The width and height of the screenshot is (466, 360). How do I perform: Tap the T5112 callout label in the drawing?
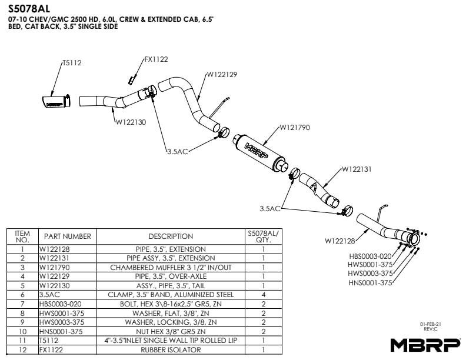pos(72,63)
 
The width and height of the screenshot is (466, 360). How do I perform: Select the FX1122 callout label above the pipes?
pos(156,59)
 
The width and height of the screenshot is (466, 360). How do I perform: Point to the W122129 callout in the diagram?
pos(221,75)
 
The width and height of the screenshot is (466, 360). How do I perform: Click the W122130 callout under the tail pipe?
pos(130,122)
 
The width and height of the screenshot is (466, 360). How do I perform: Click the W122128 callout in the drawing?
pos(339,241)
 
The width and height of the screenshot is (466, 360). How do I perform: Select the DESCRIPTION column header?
pos(171,236)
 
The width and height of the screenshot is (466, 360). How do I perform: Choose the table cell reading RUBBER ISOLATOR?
pos(171,350)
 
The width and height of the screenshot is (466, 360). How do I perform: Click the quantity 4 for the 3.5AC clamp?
pos(263,294)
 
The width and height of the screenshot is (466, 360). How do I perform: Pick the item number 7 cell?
pos(22,304)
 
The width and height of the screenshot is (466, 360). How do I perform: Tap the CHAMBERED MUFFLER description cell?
pos(171,266)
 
